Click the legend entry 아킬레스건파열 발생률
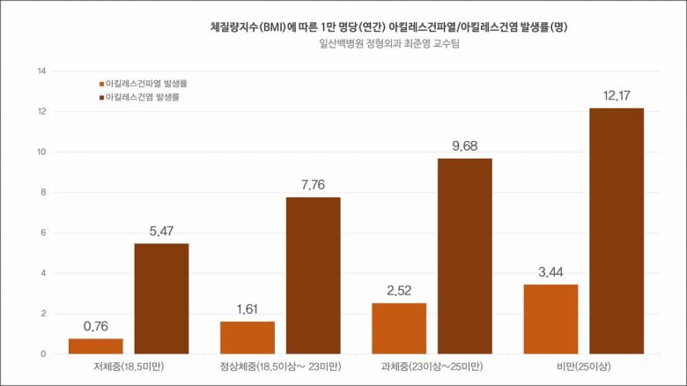point(146,83)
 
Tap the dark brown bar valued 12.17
point(617,231)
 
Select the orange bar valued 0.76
point(96,346)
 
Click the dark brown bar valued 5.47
point(161,299)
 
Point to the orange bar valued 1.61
point(247,338)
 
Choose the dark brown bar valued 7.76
point(313,276)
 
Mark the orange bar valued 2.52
point(399,329)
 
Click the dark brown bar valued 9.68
point(464,256)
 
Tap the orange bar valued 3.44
point(550,319)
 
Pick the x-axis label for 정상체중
point(280,366)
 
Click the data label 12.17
point(616,95)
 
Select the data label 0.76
point(96,326)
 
